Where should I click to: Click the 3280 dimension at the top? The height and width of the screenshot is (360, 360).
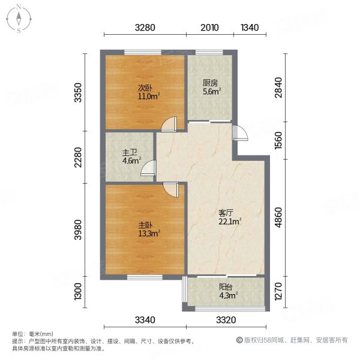click(145, 27)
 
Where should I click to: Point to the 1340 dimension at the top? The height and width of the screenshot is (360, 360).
click(249, 27)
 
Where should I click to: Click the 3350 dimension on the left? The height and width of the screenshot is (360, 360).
click(77, 94)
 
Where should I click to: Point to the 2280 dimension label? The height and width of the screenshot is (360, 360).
click(77, 160)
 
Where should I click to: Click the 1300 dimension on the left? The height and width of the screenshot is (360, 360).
click(77, 293)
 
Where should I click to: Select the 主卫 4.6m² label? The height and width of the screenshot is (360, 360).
click(131, 157)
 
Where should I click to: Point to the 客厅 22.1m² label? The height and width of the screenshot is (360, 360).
click(229, 217)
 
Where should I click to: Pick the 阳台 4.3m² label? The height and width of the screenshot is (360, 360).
click(227, 291)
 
